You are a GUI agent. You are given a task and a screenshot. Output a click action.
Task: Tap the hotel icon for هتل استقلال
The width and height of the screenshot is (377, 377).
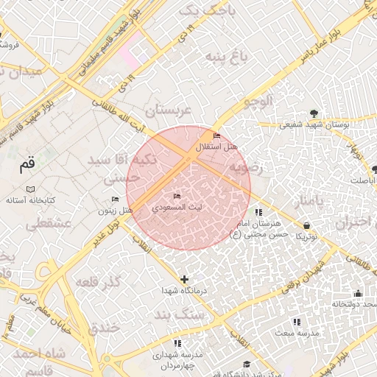(x=216, y=136)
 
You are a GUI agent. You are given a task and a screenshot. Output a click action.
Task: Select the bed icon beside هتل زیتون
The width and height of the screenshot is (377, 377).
(x=115, y=200)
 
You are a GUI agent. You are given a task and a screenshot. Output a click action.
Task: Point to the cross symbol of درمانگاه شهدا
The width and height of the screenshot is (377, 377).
(x=184, y=280)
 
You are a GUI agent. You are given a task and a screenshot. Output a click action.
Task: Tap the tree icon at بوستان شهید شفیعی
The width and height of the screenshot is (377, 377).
(x=315, y=113)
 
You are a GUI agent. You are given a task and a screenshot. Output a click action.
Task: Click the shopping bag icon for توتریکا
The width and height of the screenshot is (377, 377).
(x=306, y=225)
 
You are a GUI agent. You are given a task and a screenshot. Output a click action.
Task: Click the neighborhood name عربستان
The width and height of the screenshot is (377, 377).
(x=167, y=111)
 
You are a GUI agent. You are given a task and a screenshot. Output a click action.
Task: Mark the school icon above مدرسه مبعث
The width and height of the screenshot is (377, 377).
(x=297, y=322)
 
